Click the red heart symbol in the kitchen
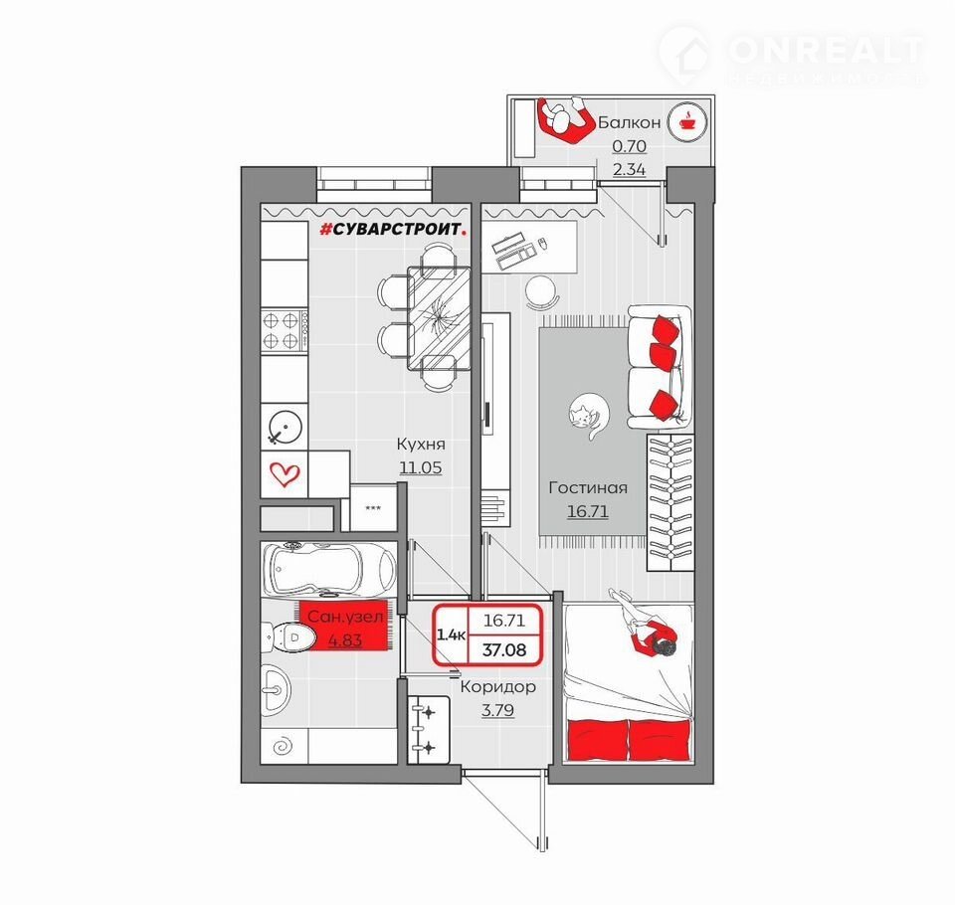(x=285, y=473)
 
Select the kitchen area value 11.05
(x=420, y=467)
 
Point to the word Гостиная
(x=588, y=487)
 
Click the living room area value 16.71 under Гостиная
(x=588, y=511)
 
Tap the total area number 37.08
(x=504, y=649)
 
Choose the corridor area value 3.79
(x=497, y=710)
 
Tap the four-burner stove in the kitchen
(x=285, y=331)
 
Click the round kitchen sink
(x=286, y=427)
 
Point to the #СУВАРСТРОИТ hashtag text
(x=395, y=229)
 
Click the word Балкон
(x=629, y=122)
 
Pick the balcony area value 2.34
(x=629, y=169)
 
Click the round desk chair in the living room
(x=541, y=293)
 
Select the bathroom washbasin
(x=276, y=690)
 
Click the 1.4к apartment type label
(x=452, y=634)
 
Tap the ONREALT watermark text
(x=827, y=50)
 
